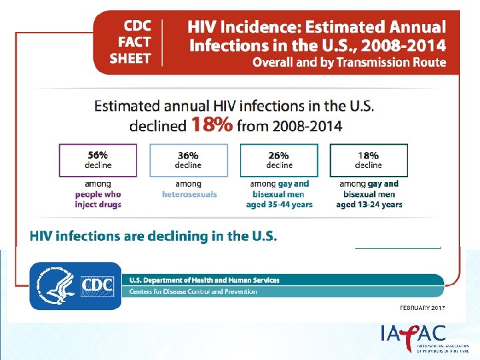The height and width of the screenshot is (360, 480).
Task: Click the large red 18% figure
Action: click(x=211, y=125)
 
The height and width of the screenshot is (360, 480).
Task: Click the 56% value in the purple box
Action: click(x=98, y=155)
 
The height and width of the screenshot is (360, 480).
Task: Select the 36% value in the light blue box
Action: click(x=188, y=155)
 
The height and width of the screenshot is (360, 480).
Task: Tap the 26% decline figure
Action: click(x=279, y=155)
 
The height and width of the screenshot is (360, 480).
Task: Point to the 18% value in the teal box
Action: click(x=368, y=155)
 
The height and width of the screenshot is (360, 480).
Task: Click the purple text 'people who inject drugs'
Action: click(x=98, y=199)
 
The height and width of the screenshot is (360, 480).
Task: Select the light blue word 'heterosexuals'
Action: click(x=189, y=194)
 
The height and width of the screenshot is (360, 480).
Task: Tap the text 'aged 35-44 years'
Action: click(x=279, y=205)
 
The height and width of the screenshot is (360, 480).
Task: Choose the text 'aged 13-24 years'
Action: click(x=369, y=205)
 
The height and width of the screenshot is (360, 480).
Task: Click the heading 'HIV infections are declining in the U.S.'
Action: click(x=153, y=236)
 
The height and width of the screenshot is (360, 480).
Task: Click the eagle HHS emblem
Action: click(x=54, y=285)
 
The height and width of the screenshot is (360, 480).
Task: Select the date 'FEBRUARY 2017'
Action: click(x=422, y=308)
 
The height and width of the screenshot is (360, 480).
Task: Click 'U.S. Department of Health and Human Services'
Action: click(x=204, y=280)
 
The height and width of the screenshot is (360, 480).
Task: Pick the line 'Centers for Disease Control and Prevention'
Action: click(x=193, y=292)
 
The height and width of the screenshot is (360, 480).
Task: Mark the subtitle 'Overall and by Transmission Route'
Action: click(x=349, y=63)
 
